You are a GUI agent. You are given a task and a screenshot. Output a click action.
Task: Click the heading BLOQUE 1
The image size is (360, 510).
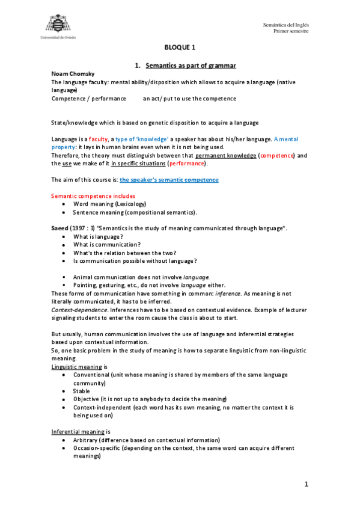[x=180, y=48]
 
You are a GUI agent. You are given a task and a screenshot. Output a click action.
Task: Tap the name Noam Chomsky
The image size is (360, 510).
[x=70, y=73]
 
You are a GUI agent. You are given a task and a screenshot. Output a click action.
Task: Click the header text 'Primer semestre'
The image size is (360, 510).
[x=291, y=31]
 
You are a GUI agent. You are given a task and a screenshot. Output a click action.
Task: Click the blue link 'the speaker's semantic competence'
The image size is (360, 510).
[x=169, y=180]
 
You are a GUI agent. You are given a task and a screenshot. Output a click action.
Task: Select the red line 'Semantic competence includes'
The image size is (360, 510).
[x=93, y=196]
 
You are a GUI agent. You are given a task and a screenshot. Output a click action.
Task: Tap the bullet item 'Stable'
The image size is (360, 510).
[x=82, y=391]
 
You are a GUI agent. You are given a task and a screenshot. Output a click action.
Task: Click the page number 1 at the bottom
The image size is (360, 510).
[x=306, y=484]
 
